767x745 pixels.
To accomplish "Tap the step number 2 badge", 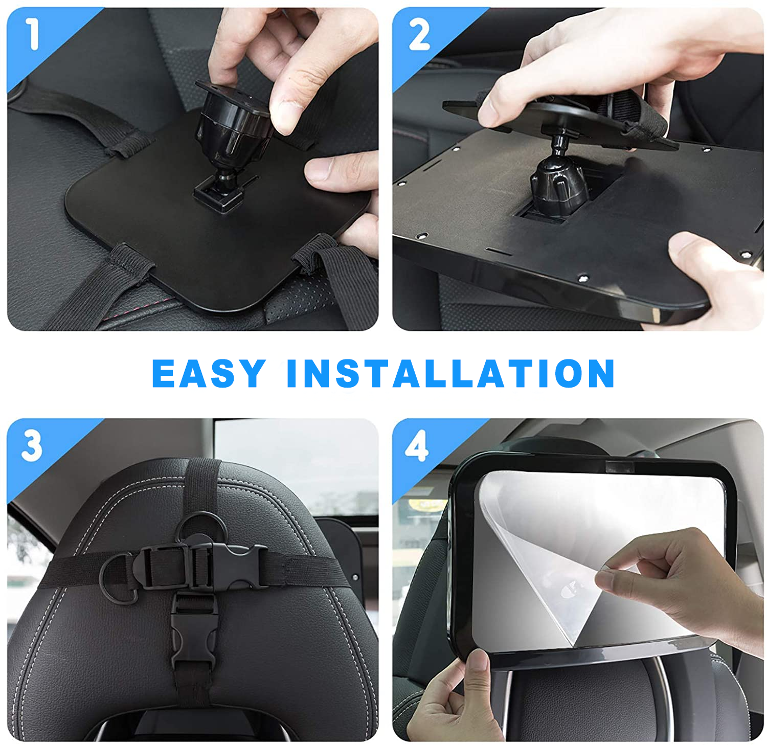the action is click(x=419, y=35).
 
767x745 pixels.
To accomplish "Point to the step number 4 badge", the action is click(x=417, y=446).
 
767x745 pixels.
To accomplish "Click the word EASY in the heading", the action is click(x=209, y=373).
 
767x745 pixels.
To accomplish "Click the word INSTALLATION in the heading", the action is click(x=450, y=373).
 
